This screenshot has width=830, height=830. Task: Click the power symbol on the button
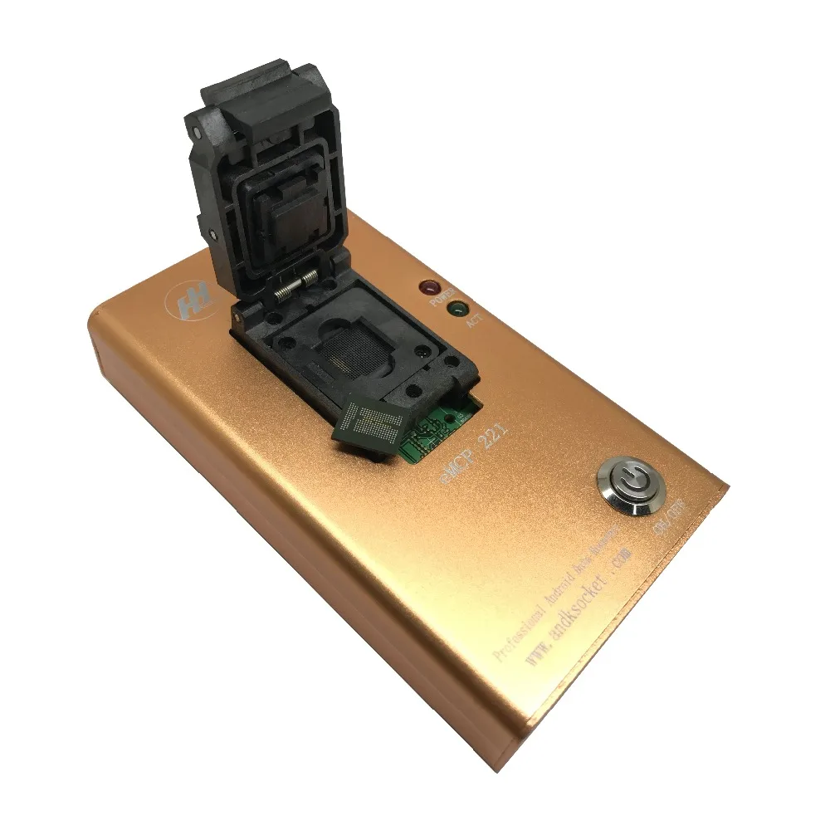(x=626, y=481)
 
